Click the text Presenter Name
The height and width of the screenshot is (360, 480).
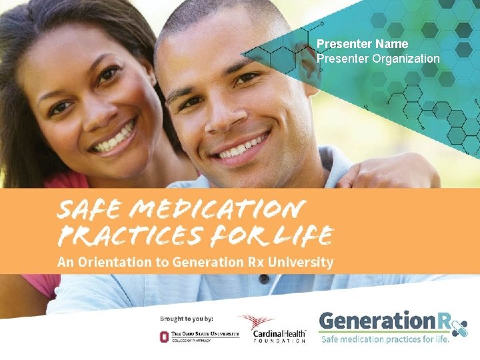pos(363,44)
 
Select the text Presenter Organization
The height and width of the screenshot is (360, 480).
pos(378,59)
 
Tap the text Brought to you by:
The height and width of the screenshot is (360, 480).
pos(192,318)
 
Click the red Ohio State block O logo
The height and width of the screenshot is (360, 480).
pos(165,335)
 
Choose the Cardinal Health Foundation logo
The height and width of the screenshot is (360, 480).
pos(273,328)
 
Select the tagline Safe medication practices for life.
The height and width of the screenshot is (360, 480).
pos(385,339)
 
